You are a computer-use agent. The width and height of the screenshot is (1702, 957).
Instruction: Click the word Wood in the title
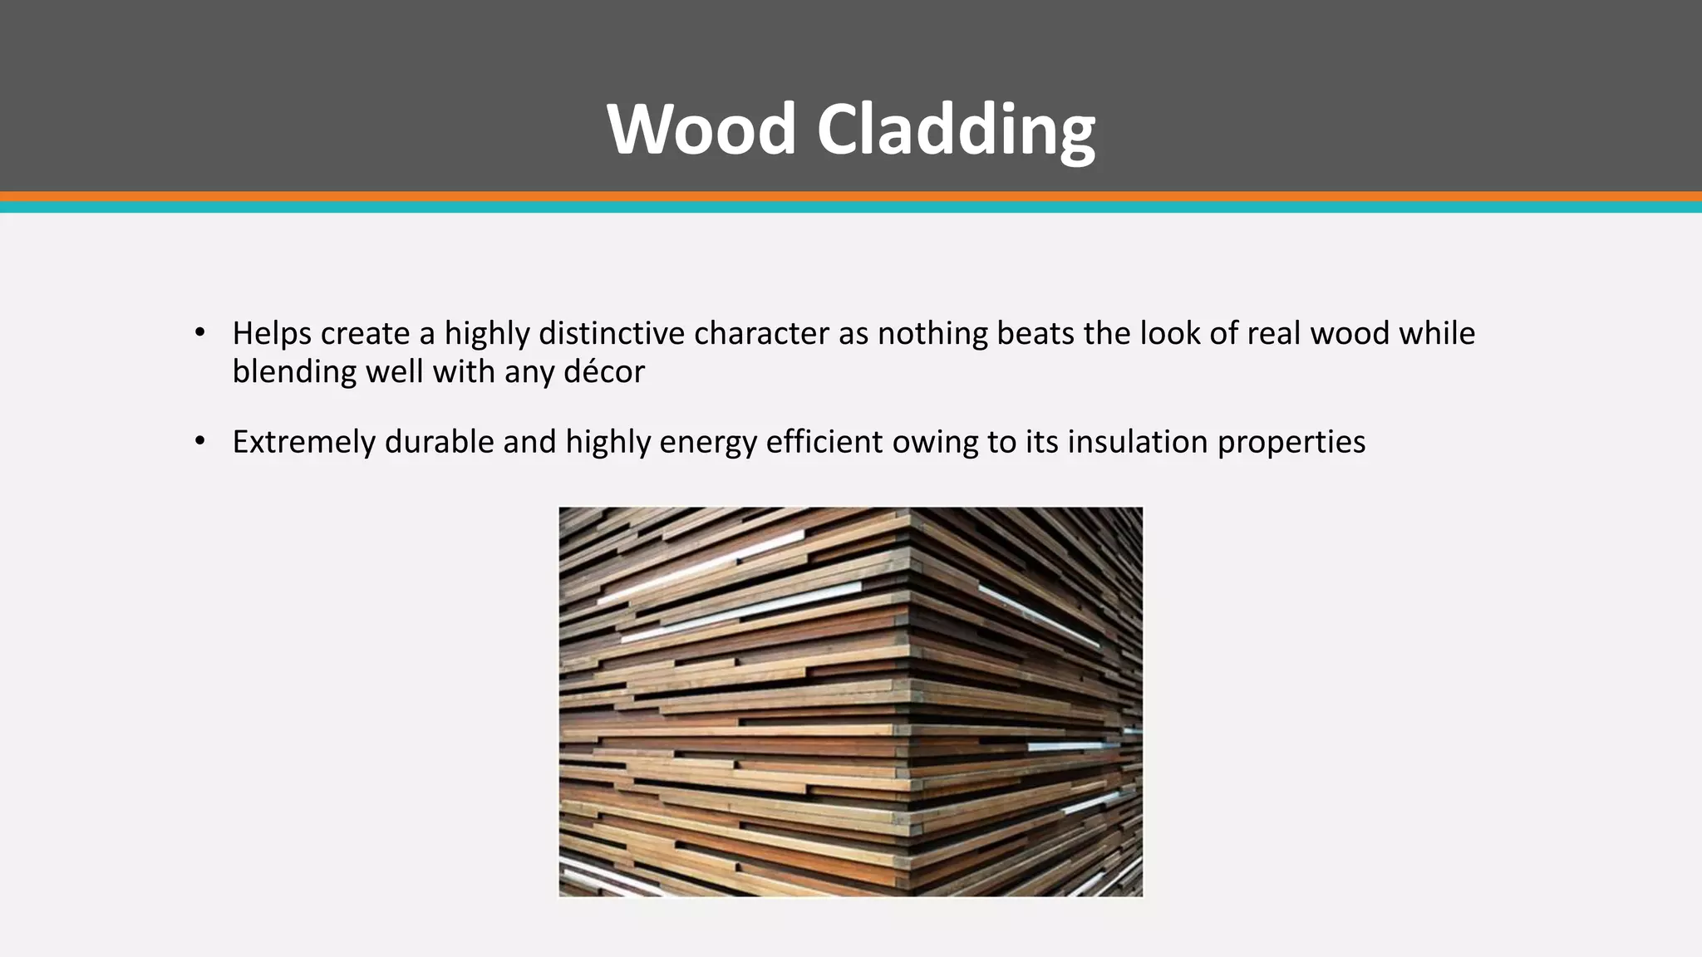click(702, 129)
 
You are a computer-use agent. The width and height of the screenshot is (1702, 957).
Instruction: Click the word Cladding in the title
click(956, 129)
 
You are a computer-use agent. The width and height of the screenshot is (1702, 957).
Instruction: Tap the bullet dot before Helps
click(199, 333)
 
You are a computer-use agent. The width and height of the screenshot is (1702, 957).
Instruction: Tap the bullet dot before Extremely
click(199, 441)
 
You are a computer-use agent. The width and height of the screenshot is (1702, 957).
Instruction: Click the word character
click(761, 333)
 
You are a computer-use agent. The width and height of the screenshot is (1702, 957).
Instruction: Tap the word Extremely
click(304, 441)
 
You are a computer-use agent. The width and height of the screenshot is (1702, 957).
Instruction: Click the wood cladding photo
click(850, 702)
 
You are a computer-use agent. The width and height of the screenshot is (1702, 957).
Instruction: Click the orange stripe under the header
click(851, 197)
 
